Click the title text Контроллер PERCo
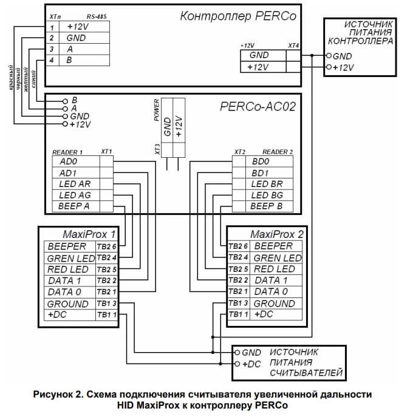238,16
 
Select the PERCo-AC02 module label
258,107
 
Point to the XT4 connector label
293,46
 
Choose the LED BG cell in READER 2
267,195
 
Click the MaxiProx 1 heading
89,234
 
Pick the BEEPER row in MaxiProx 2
273,246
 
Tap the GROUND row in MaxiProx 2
274,303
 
